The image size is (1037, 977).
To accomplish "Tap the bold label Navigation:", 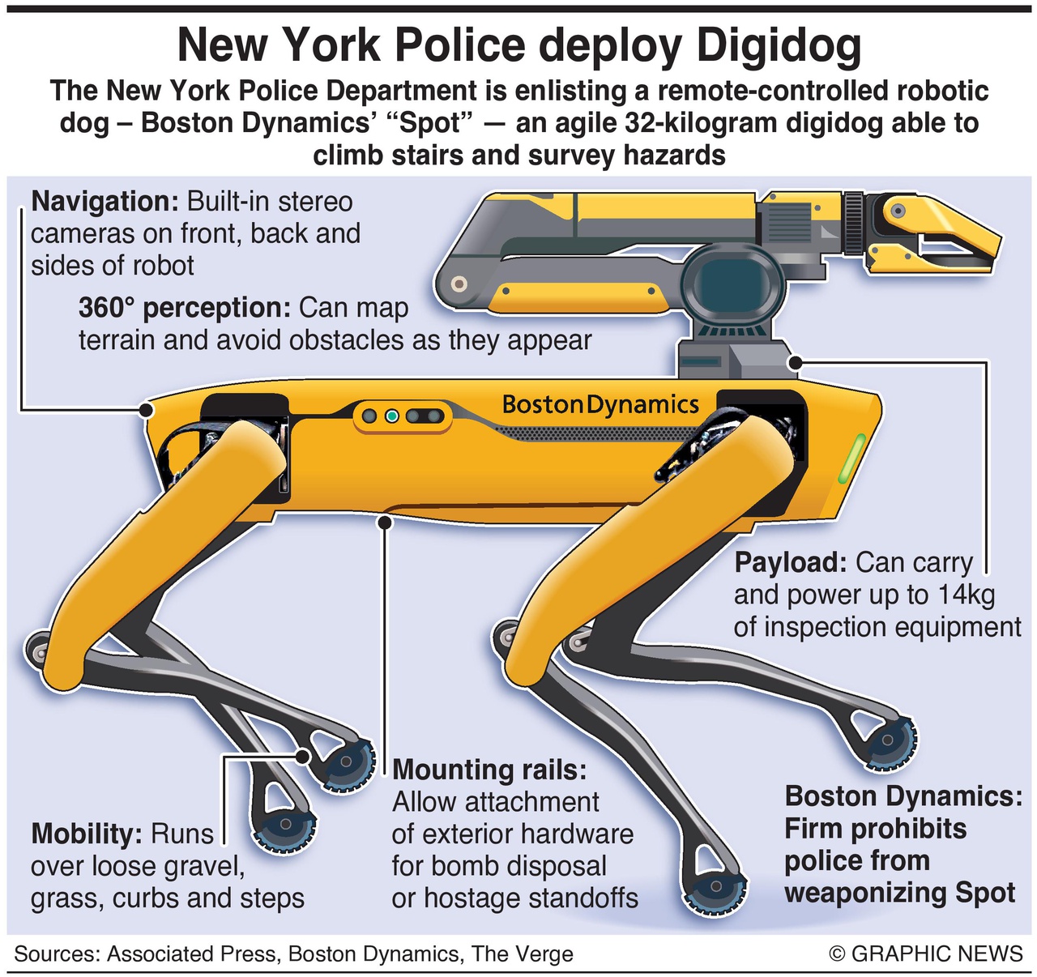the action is click(x=105, y=202).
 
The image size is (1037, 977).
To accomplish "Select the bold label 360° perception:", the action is click(x=185, y=309).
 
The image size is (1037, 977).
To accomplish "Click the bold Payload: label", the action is click(x=790, y=563).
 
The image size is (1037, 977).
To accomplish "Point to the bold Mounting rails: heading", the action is click(x=489, y=770).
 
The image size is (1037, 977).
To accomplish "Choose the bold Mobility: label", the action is click(x=86, y=834).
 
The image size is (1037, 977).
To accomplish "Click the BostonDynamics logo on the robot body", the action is click(x=600, y=405).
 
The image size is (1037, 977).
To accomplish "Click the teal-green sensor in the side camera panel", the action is click(x=391, y=416).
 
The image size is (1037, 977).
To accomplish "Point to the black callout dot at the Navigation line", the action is click(x=147, y=411).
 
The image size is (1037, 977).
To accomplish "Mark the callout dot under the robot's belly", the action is click(x=385, y=522).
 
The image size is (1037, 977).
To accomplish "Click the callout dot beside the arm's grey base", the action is click(x=795, y=362).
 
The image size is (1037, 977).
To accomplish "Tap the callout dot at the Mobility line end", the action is click(x=303, y=756).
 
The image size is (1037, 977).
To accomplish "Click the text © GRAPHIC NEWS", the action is click(x=925, y=954).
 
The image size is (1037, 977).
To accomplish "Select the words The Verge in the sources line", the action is click(x=523, y=954).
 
